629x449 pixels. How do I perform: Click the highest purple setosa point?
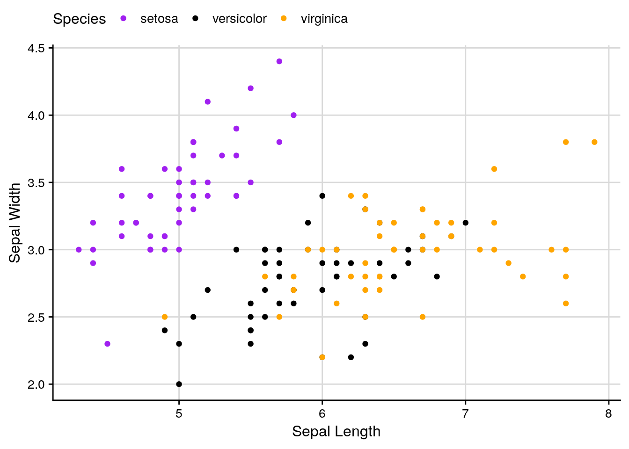click(x=279, y=61)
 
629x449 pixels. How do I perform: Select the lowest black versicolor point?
click(x=179, y=384)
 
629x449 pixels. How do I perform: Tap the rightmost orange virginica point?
click(x=594, y=142)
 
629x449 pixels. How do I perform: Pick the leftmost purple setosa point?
click(x=79, y=250)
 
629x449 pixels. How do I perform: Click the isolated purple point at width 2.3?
click(x=107, y=344)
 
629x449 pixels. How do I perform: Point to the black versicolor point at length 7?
click(x=465, y=223)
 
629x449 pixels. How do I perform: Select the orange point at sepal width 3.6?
click(x=494, y=169)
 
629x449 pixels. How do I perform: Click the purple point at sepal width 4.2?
click(x=250, y=88)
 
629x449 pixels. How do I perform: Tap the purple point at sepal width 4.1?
click(x=208, y=101)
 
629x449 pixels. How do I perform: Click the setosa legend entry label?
click(x=159, y=19)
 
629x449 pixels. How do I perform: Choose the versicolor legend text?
click(x=239, y=19)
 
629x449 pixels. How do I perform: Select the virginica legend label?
click(x=324, y=19)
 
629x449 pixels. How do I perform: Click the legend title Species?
click(x=80, y=19)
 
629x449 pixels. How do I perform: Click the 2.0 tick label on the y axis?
click(x=37, y=384)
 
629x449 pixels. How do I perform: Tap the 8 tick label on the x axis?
click(x=608, y=414)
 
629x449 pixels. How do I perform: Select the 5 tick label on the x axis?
click(x=179, y=414)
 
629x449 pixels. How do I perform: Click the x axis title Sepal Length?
click(x=336, y=431)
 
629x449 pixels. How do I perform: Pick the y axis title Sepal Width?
click(x=15, y=223)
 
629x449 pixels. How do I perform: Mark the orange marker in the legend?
click(x=284, y=19)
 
